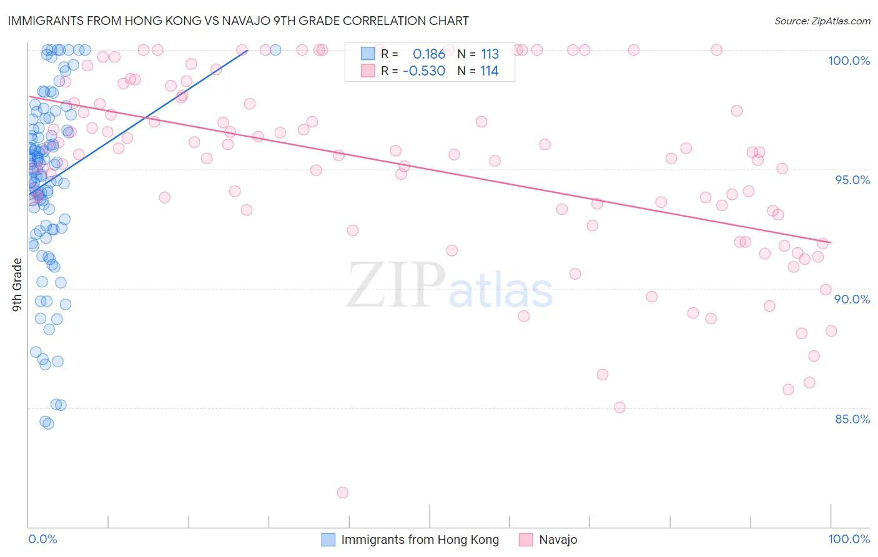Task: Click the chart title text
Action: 238,21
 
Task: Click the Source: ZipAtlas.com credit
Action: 822,21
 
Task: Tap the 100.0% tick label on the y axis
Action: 849,61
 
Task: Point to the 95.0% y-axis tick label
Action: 852,180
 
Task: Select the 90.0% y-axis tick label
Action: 852,299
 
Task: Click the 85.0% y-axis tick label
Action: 852,419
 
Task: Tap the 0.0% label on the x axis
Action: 42,539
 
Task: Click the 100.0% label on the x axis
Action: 849,539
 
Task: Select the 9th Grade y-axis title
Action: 17,285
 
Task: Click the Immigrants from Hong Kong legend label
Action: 420,540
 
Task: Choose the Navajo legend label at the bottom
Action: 558,540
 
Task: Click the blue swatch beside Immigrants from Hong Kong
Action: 328,540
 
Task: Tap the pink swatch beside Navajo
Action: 526,540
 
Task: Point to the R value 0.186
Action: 429,54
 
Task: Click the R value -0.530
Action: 424,71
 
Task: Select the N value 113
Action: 490,54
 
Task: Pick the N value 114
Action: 490,71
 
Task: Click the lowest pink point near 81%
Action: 342,493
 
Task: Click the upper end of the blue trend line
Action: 248,50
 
